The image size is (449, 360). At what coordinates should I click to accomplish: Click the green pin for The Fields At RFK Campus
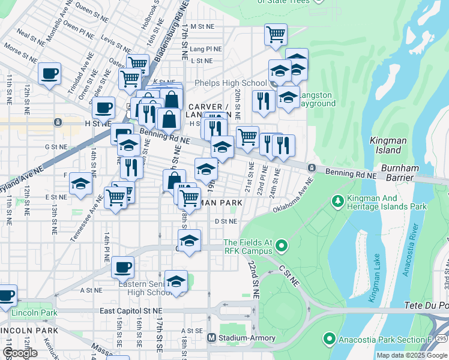click(x=279, y=245)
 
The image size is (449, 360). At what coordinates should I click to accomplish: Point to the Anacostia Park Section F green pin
click(x=328, y=340)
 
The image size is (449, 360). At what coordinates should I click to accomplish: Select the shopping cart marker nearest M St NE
click(x=276, y=35)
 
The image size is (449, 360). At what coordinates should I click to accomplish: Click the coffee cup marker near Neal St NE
click(x=49, y=74)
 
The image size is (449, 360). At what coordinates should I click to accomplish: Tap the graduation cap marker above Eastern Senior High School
click(x=176, y=281)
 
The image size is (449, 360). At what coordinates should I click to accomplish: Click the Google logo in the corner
click(x=20, y=353)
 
